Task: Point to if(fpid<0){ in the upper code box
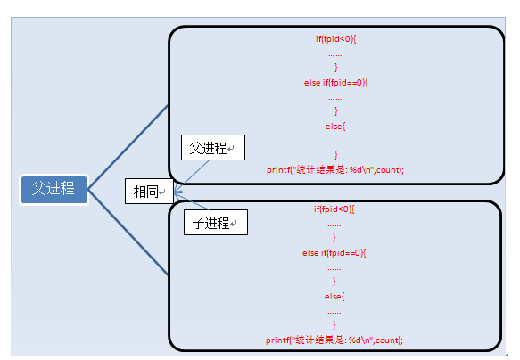click(x=335, y=40)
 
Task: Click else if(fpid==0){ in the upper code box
click(x=335, y=83)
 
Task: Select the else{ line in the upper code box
click(x=335, y=126)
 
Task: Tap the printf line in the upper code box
click(x=335, y=169)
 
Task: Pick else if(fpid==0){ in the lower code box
click(x=334, y=253)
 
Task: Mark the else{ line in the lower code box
click(x=334, y=296)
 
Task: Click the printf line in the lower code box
click(x=334, y=340)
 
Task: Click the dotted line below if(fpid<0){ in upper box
click(x=335, y=54)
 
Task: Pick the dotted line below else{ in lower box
click(x=334, y=311)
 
